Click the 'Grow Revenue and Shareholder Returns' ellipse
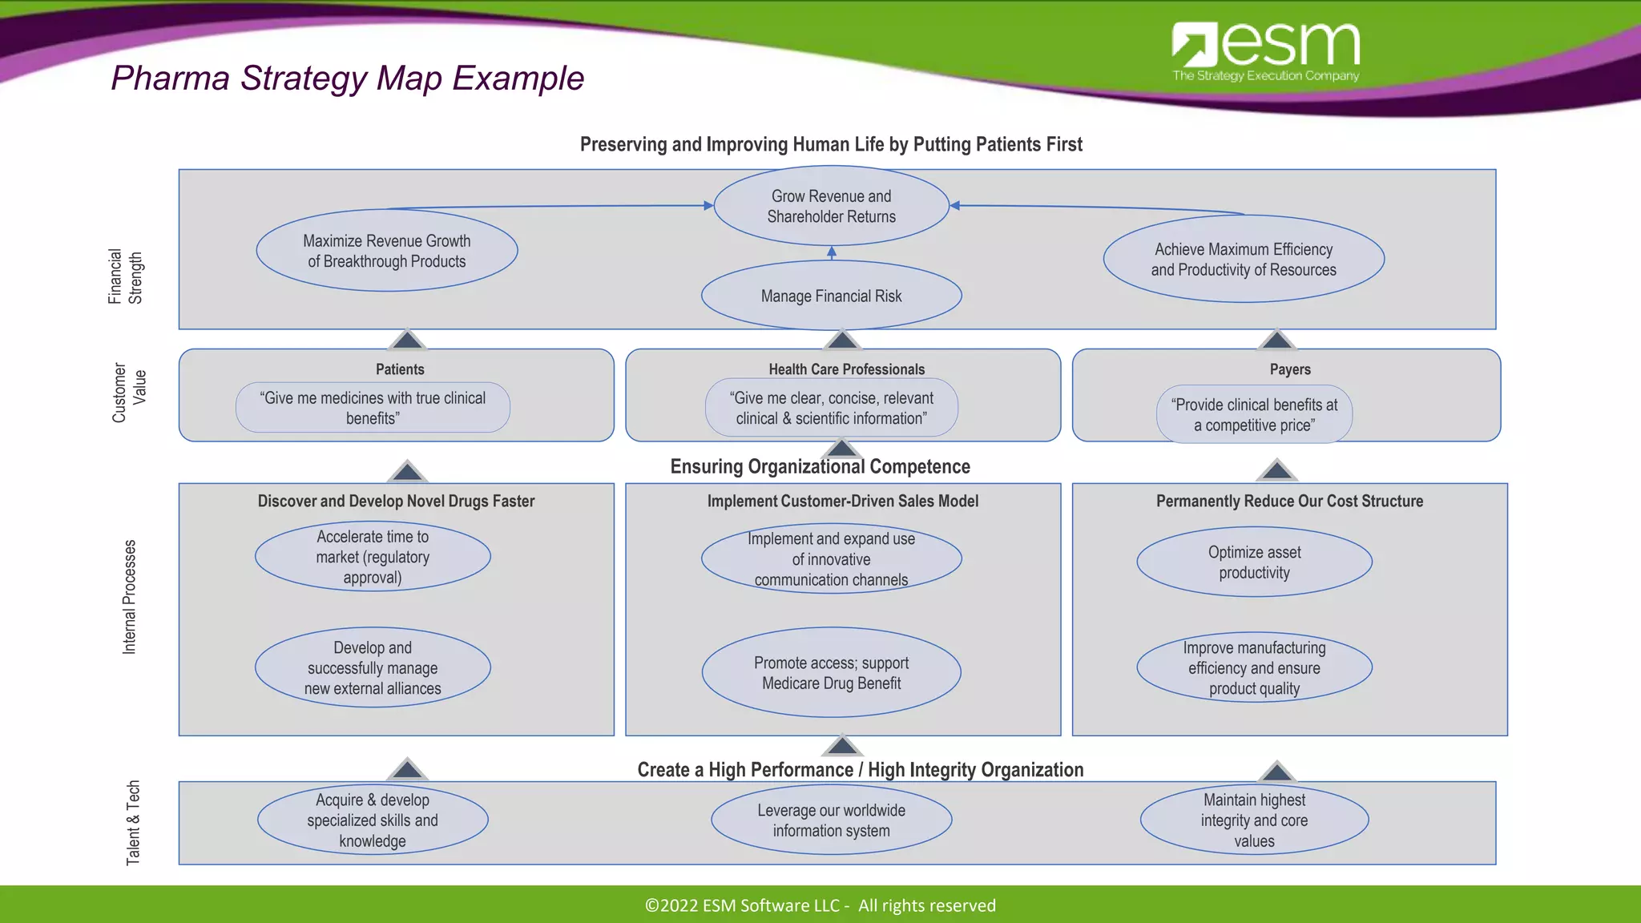[x=831, y=206]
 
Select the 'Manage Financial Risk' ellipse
[x=831, y=296]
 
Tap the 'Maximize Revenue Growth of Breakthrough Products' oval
[x=386, y=251]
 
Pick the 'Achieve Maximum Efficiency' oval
[x=1244, y=259]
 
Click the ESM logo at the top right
[x=1265, y=50]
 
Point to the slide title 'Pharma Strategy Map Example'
[x=347, y=79]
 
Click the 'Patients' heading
[x=400, y=369]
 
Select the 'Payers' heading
[x=1290, y=369]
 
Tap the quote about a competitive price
[x=1254, y=414]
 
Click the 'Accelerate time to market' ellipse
[x=373, y=557]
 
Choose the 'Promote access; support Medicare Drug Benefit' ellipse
[x=831, y=672]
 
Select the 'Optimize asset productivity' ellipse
[x=1254, y=562]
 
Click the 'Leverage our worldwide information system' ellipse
[x=831, y=820]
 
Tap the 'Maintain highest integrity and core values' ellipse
[x=1254, y=820]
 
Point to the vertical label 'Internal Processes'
[x=129, y=597]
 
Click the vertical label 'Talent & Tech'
[x=133, y=822]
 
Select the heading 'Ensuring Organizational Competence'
[x=820, y=466]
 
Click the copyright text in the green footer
[x=820, y=905]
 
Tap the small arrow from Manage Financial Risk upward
[x=832, y=253]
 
